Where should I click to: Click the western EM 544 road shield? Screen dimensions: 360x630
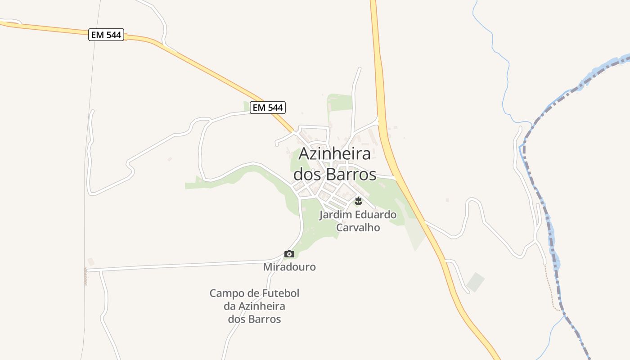click(x=106, y=35)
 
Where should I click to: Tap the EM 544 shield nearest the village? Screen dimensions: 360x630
click(x=268, y=108)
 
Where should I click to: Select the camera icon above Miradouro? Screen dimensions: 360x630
click(x=289, y=254)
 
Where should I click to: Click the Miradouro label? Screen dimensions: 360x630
click(x=289, y=267)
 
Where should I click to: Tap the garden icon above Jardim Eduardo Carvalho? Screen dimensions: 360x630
click(x=358, y=200)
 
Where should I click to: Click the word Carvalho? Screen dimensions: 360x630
click(x=358, y=228)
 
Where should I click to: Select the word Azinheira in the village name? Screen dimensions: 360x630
click(x=335, y=153)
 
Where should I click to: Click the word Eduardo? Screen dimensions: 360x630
click(x=376, y=215)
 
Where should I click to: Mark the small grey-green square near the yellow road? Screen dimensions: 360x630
click(x=475, y=282)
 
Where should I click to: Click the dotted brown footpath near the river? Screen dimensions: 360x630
click(x=551, y=288)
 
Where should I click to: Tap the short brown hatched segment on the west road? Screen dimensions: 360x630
click(x=85, y=276)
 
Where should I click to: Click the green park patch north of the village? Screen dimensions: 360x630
click(x=340, y=103)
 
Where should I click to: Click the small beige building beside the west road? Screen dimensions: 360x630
click(x=91, y=261)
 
